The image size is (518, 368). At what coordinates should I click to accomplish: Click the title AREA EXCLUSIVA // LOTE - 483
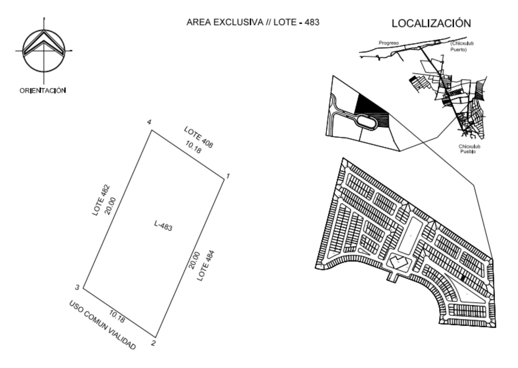click(x=253, y=22)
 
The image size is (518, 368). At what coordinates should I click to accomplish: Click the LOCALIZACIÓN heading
click(x=431, y=23)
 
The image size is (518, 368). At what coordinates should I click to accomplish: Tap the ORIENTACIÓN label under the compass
click(x=43, y=91)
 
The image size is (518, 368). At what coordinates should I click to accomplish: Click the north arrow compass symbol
click(x=44, y=51)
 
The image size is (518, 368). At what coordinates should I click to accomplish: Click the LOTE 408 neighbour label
click(x=198, y=137)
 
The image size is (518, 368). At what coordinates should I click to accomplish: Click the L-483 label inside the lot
click(x=163, y=226)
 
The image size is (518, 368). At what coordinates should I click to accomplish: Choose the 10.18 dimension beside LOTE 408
click(x=193, y=147)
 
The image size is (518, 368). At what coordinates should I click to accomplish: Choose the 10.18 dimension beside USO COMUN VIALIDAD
click(x=117, y=316)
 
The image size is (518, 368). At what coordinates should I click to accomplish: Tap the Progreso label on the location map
click(x=389, y=43)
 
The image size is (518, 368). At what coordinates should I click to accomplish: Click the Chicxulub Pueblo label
click(x=469, y=149)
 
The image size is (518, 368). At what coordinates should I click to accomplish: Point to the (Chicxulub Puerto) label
click(x=462, y=47)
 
